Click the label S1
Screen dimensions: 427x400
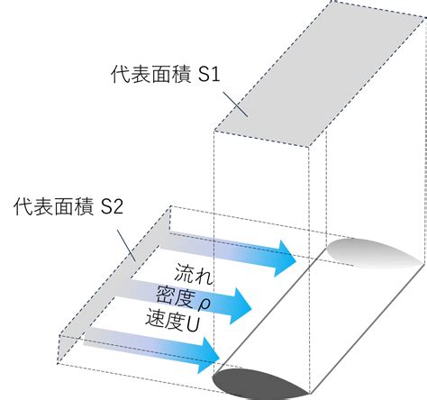pos(210,74)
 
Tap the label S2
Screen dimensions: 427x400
pos(112,206)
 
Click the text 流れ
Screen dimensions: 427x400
pos(194,274)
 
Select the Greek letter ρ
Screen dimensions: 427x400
pos(204,305)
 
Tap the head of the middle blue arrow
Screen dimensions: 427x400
pos(240,305)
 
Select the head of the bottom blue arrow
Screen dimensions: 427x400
pos(209,355)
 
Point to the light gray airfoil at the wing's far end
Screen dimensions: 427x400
pos(372,253)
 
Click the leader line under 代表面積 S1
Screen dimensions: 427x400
pos(235,104)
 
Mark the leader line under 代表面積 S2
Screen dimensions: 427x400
pos(126,245)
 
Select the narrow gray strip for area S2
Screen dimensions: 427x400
pos(114,281)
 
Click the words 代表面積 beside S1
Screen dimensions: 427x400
pos(151,74)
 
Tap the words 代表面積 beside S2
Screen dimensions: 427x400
pos(53,206)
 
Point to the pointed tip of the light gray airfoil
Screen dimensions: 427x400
pos(423,262)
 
